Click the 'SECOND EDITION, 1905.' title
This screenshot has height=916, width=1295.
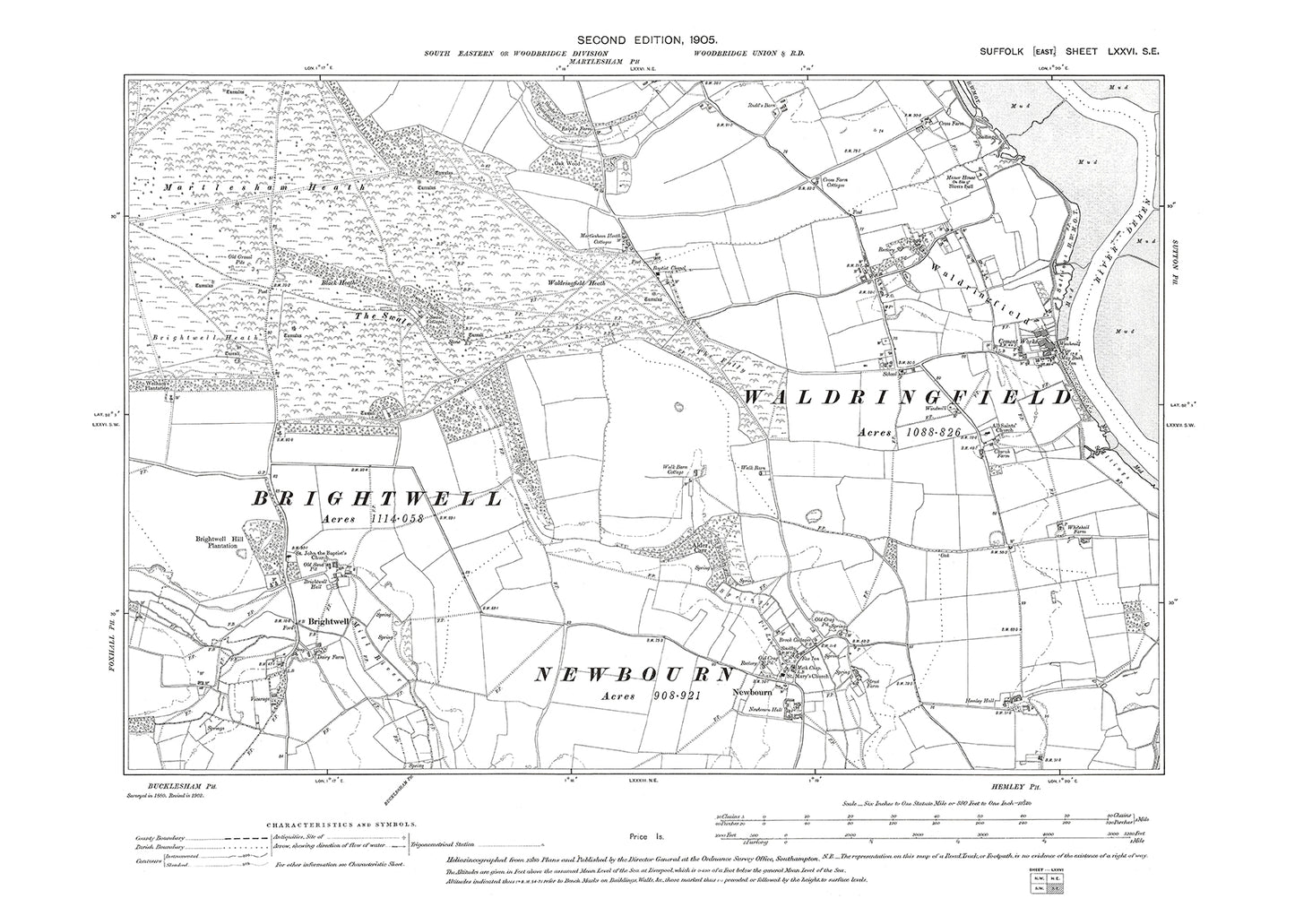tap(646, 39)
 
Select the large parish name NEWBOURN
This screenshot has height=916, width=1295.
tap(635, 675)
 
